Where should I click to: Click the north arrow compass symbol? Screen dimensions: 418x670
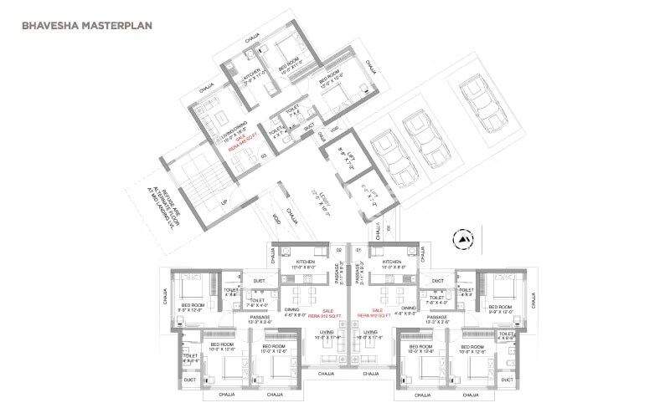tap(461, 240)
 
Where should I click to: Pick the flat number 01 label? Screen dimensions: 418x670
tap(359, 248)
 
